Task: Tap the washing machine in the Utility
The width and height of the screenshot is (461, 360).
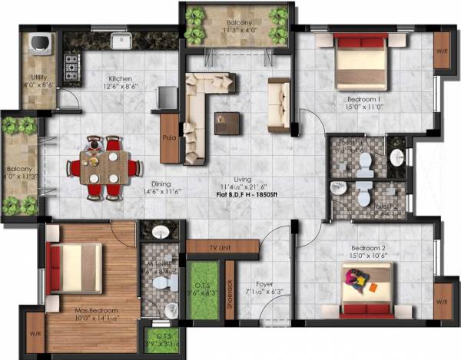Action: point(39,45)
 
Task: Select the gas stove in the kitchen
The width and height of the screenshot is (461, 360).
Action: point(72,68)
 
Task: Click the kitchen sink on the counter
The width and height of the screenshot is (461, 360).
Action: point(121,41)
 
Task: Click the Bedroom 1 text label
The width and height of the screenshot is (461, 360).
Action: point(363,101)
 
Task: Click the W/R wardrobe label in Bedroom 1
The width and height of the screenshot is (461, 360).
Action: point(443,52)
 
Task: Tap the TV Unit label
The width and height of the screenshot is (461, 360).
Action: point(223,249)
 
